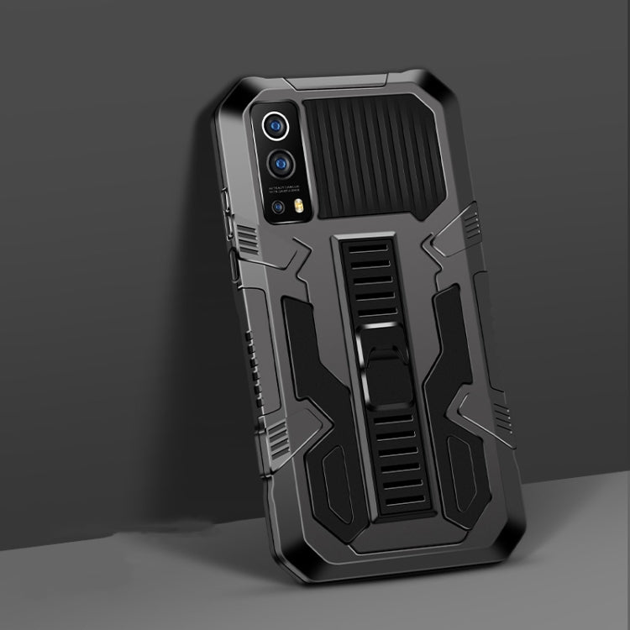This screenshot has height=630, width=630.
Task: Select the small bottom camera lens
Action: (x=277, y=206)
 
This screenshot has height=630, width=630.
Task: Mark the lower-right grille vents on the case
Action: (x=501, y=412)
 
